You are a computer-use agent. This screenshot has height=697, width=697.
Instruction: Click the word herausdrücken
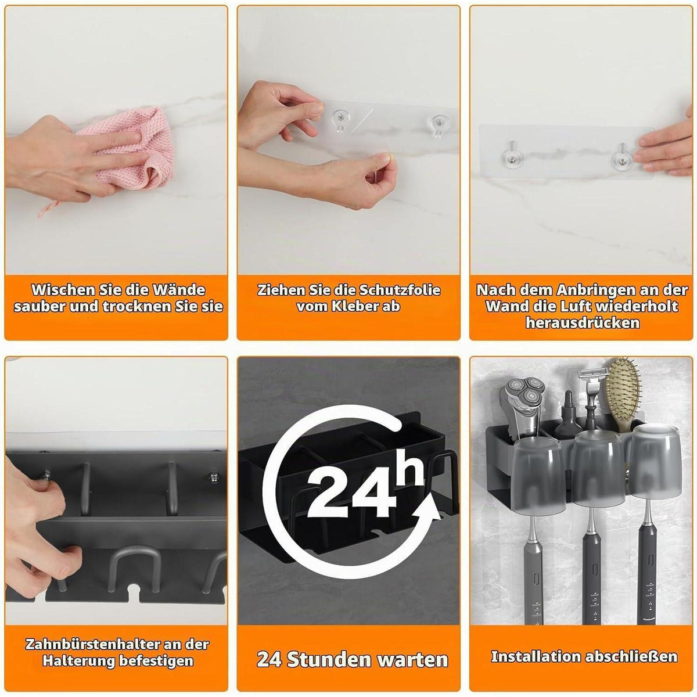point(583,322)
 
